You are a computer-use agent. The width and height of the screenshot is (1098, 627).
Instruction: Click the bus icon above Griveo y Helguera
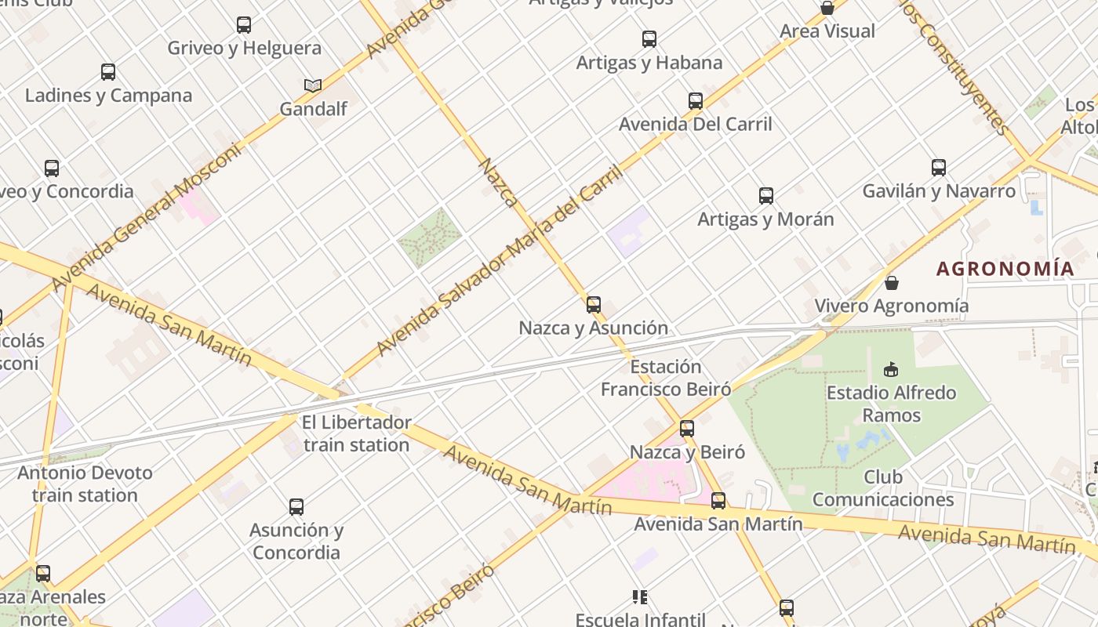244,25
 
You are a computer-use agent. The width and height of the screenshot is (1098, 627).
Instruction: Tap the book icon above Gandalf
313,85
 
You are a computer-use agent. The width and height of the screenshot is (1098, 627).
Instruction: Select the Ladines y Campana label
108,96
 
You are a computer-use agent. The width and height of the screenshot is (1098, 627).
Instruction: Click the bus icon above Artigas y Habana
649,38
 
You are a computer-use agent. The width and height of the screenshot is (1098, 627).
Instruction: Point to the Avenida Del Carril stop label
696,124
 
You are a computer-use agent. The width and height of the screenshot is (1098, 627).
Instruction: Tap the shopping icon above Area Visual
827,8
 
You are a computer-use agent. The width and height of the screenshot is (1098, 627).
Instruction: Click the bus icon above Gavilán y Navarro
939,167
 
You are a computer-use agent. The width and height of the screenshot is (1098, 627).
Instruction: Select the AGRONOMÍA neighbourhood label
1005,268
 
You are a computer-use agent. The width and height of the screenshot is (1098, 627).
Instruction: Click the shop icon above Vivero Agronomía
892,282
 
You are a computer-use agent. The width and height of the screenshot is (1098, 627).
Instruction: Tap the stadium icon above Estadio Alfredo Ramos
891,368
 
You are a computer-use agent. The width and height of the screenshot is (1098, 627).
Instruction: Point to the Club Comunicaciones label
883,487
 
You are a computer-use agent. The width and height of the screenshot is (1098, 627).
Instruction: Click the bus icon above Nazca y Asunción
594,304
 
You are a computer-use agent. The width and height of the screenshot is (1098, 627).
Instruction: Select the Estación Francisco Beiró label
666,378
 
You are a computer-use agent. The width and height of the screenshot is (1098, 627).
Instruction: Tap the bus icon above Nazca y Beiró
687,428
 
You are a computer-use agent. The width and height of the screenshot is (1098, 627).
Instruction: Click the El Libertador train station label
356,433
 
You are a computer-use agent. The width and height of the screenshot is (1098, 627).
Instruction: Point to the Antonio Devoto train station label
85,484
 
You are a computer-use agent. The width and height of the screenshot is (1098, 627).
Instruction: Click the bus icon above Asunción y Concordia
296,506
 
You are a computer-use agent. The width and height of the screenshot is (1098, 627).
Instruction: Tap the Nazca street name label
498,183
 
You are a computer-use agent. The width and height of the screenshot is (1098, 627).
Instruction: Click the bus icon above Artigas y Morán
766,195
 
